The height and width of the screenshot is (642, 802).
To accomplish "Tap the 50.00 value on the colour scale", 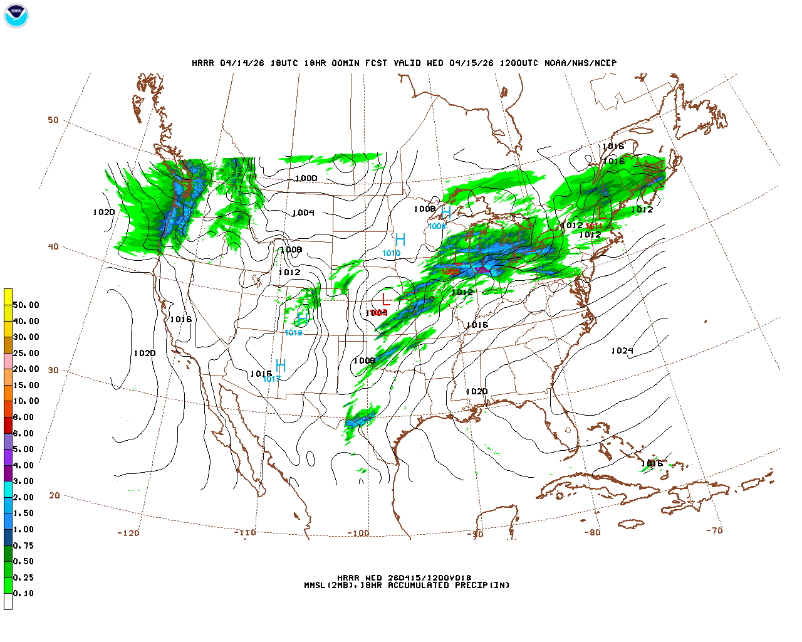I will [26, 305].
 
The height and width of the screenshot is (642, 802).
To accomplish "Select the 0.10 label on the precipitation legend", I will [23, 593].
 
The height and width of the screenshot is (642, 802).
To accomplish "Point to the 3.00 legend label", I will [23, 481].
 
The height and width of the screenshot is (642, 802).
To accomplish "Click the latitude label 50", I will [53, 120].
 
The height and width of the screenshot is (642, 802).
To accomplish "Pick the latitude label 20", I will [55, 495].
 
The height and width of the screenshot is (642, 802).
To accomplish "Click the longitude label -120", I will [128, 533].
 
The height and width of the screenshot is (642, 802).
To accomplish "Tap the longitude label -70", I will [714, 530].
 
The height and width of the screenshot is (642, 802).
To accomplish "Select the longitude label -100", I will [358, 534].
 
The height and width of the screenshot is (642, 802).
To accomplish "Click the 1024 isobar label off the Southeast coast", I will [622, 350].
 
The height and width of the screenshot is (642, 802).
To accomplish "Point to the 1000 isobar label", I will [306, 179].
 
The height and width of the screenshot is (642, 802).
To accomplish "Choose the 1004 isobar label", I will [303, 213].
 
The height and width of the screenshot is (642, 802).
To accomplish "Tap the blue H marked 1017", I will [281, 366].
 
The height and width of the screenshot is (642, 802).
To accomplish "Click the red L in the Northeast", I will [601, 213].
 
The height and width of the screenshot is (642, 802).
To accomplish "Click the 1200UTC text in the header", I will [519, 63].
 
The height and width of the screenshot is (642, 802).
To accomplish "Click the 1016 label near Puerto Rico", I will [652, 464].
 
